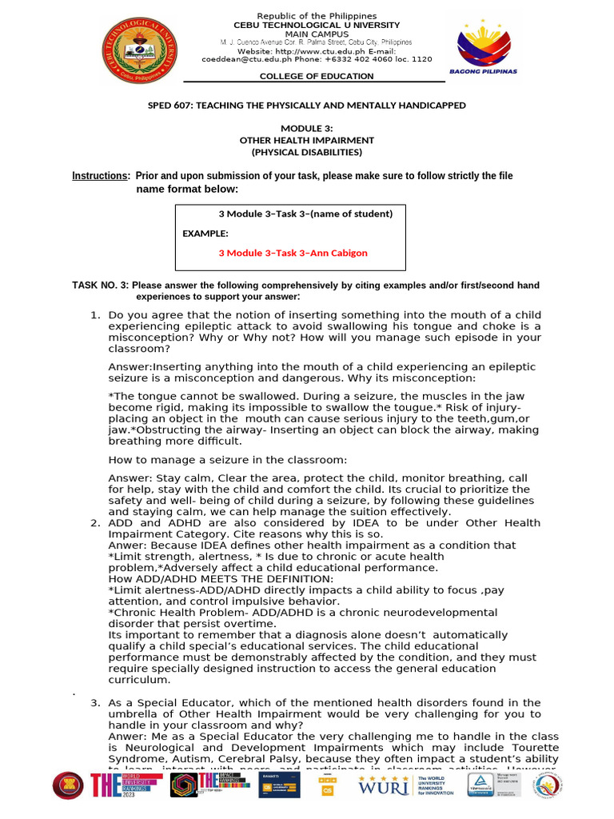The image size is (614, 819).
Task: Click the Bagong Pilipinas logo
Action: [x=486, y=50]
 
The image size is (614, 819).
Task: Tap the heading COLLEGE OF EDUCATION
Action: [x=316, y=77]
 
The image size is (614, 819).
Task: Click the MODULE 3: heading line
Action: [x=306, y=129]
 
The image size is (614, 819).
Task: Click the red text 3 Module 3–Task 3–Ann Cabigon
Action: [x=293, y=253]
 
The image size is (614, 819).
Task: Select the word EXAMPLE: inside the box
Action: [x=205, y=234]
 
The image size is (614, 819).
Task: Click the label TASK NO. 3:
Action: [x=101, y=286]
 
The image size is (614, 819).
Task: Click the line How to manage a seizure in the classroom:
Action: [x=228, y=460]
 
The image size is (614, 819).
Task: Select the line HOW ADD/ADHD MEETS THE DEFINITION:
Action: [x=221, y=579]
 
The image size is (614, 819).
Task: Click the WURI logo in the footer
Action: [x=385, y=785]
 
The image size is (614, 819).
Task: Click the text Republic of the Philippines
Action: [x=316, y=16]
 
